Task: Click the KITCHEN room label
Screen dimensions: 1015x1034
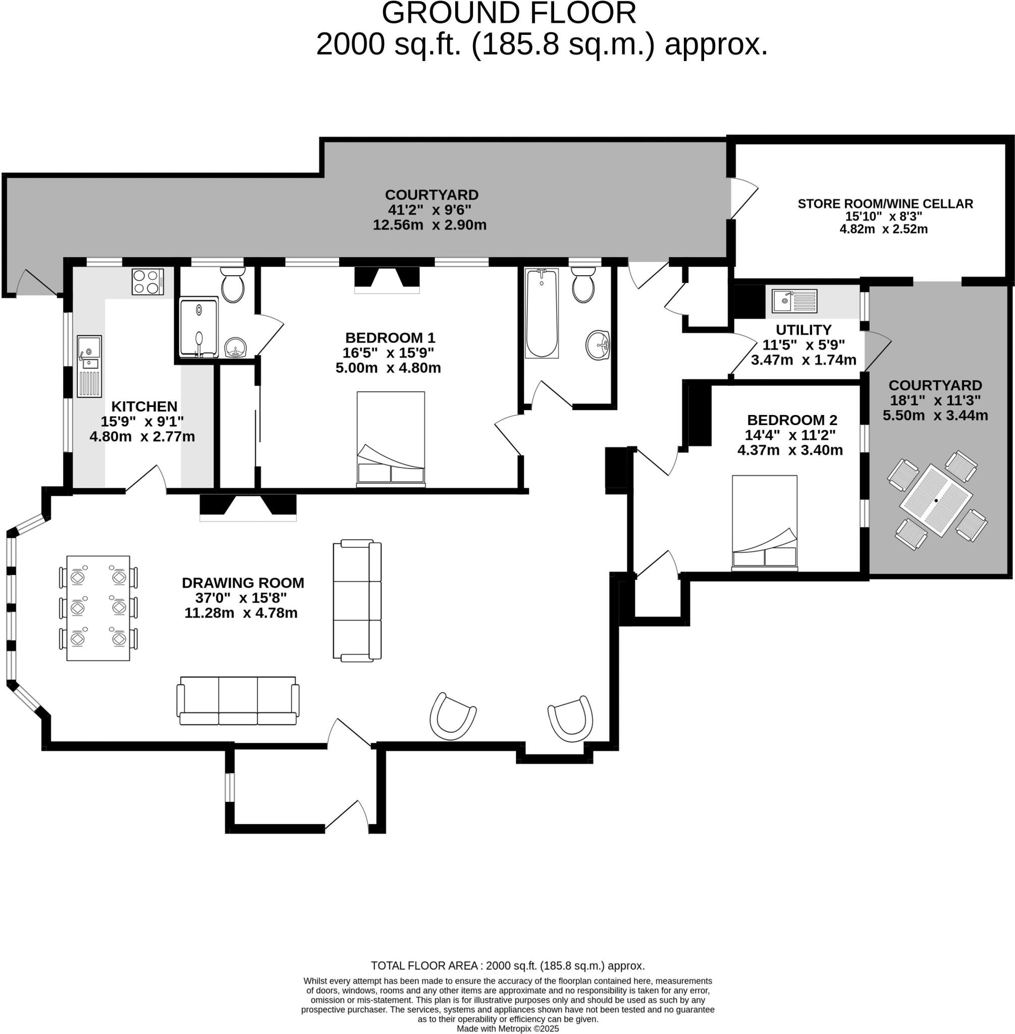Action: pyautogui.click(x=144, y=406)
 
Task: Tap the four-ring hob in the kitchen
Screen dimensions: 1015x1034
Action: pyautogui.click(x=148, y=282)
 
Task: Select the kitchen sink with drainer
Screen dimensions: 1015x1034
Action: pyautogui.click(x=89, y=366)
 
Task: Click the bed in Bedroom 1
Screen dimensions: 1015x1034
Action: pyautogui.click(x=391, y=439)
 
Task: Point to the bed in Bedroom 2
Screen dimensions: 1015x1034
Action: pyautogui.click(x=765, y=523)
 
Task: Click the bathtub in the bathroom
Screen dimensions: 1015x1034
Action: pyautogui.click(x=541, y=313)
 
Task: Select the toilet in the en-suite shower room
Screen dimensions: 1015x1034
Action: pyautogui.click(x=233, y=284)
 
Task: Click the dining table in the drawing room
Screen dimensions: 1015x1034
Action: pyautogui.click(x=98, y=608)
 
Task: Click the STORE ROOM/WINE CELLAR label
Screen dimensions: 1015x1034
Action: pyautogui.click(x=885, y=203)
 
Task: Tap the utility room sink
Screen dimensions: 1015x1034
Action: pyautogui.click(x=794, y=301)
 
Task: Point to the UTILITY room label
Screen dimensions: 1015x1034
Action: pyautogui.click(x=804, y=330)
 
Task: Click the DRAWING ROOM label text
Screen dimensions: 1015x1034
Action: pyautogui.click(x=243, y=583)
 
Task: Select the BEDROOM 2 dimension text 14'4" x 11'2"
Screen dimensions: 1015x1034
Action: pyautogui.click(x=790, y=435)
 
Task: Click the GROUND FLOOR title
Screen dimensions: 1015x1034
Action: pyautogui.click(x=509, y=13)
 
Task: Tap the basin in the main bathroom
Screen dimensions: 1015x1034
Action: pyautogui.click(x=598, y=344)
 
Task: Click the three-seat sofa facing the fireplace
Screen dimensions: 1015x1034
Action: pyautogui.click(x=238, y=701)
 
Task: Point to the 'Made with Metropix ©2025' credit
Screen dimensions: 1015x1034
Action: pyautogui.click(x=508, y=1028)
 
